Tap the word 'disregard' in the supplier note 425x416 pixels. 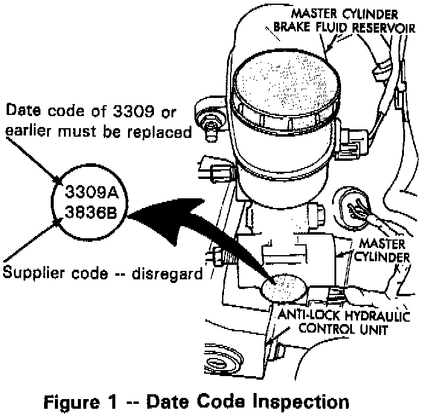(171, 273)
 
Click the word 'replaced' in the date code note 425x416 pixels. (163, 132)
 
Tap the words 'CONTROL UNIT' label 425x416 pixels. (339, 330)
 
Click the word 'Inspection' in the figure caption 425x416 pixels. (298, 401)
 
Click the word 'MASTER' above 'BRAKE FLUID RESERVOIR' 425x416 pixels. (318, 12)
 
